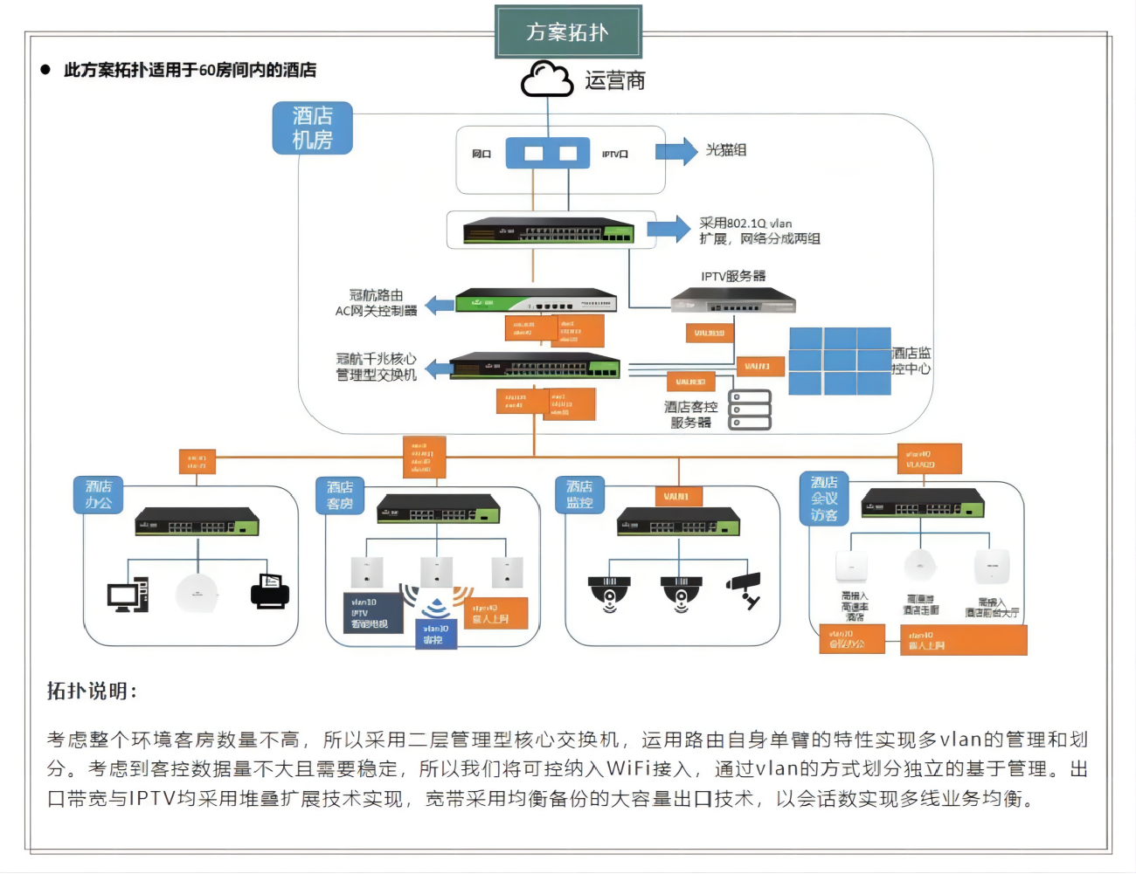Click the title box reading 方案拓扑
click(x=568, y=32)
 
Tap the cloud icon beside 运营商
click(x=547, y=79)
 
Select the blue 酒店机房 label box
click(x=312, y=127)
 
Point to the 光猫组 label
click(x=726, y=150)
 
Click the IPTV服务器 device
click(x=733, y=301)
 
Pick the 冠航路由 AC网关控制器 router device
click(x=536, y=301)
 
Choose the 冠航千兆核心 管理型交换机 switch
click(x=535, y=366)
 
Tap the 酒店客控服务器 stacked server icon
click(x=750, y=409)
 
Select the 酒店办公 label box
click(x=99, y=495)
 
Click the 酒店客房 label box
click(x=340, y=495)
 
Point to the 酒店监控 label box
click(x=579, y=495)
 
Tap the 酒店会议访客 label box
click(x=824, y=499)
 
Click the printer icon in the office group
click(x=269, y=591)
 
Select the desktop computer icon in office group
click(x=128, y=595)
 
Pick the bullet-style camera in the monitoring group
click(x=745, y=589)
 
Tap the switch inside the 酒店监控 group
click(x=678, y=522)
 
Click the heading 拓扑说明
click(x=92, y=692)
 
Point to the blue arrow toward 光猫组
click(x=675, y=152)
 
